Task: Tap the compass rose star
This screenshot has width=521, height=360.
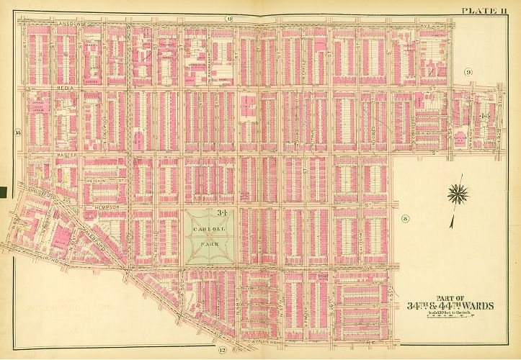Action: (458, 194)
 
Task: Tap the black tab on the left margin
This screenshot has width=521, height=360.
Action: (3, 192)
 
